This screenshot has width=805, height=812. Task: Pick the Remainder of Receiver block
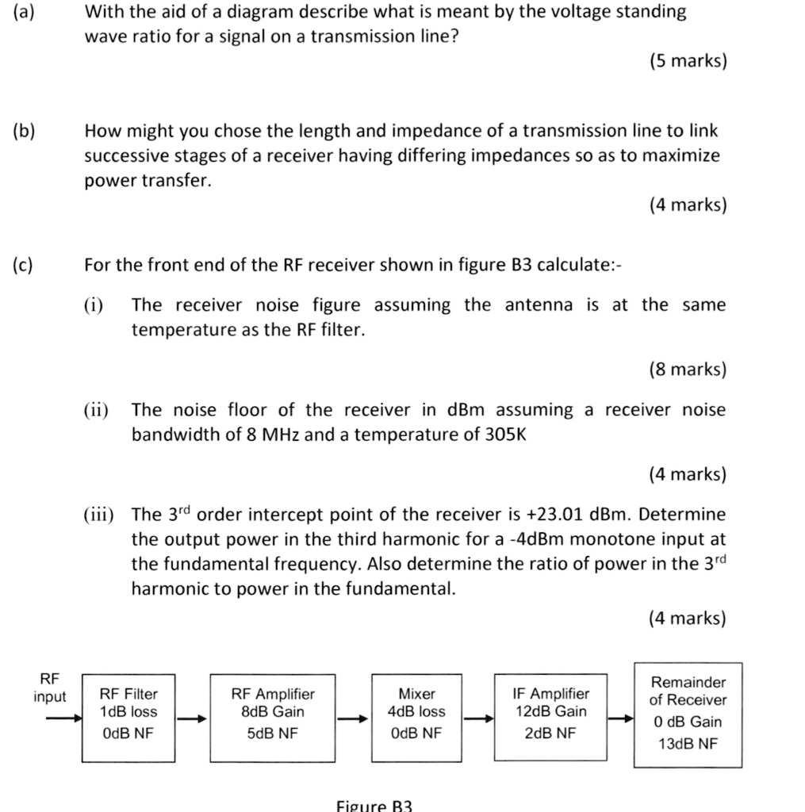click(688, 714)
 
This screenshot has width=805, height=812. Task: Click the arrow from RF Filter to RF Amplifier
click(192, 719)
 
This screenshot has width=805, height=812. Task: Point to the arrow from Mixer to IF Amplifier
click(478, 719)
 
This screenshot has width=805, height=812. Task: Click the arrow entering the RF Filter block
click(64, 718)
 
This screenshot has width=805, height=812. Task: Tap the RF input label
click(49, 688)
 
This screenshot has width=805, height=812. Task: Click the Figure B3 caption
click(375, 805)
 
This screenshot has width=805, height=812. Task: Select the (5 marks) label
click(687, 61)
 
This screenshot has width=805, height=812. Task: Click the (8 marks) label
click(687, 369)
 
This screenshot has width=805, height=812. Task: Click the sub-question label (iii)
click(99, 515)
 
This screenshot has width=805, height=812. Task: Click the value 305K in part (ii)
click(505, 435)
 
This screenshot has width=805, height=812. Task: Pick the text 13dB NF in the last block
click(688, 744)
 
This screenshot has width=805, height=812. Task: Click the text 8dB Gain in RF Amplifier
click(272, 712)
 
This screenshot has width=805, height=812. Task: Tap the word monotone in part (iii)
click(608, 540)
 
